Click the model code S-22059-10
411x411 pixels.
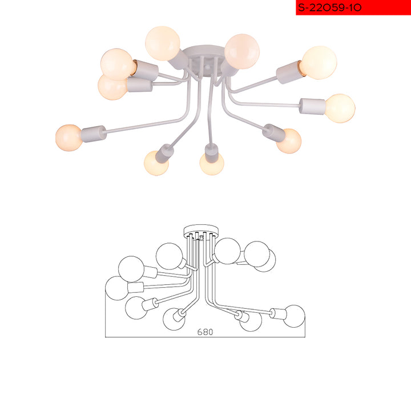[330, 7]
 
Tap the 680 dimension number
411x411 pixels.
[205, 332]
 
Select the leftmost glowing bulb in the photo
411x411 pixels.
[69, 138]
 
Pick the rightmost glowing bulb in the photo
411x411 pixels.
[340, 108]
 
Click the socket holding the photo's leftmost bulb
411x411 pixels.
[94, 134]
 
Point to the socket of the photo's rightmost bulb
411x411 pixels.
[312, 106]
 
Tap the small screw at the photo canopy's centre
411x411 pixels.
[208, 67]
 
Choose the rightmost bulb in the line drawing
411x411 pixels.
[294, 316]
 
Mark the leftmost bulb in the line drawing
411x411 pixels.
[116, 288]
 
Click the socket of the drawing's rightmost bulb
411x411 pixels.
[276, 313]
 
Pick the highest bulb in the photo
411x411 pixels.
[163, 43]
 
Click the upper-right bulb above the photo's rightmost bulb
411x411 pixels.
[319, 62]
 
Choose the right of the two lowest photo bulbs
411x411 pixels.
[212, 164]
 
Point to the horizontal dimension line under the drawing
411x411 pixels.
[205, 337]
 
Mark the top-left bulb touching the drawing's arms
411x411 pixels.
[170, 256]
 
